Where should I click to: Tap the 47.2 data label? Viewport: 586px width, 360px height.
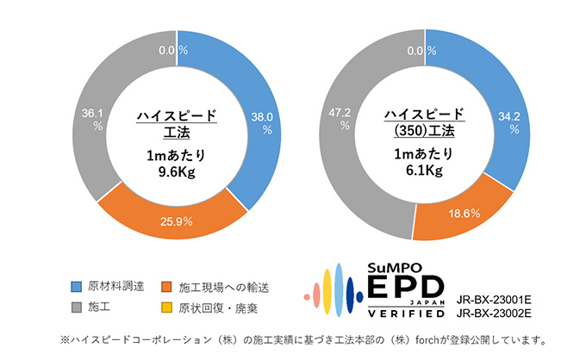[x=345, y=112]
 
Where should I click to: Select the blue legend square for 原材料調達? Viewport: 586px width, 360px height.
[x=77, y=285]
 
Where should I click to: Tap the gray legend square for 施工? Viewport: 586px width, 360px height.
[x=77, y=306]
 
